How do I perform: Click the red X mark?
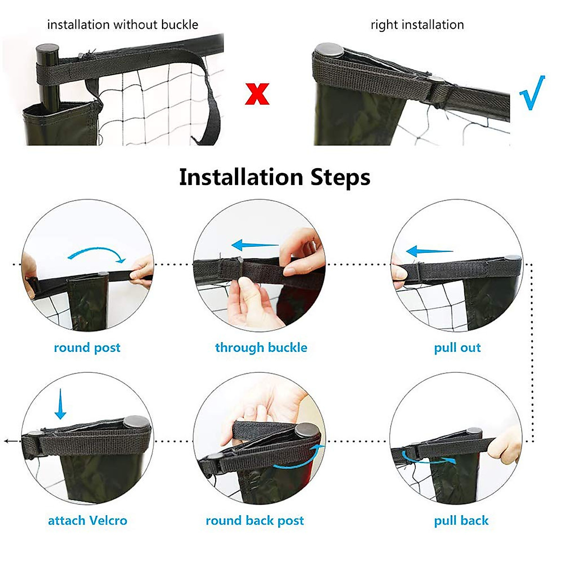tap(257, 94)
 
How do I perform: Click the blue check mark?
tap(533, 93)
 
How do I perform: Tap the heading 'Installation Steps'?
tap(274, 178)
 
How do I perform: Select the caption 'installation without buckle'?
tap(122, 24)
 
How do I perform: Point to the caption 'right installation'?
tap(417, 24)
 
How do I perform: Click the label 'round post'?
tap(87, 347)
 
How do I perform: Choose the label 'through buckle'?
tap(261, 347)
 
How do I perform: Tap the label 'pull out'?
tap(457, 347)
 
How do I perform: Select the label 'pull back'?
tap(461, 520)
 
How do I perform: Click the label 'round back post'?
tap(255, 520)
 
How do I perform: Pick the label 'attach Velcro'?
tap(88, 520)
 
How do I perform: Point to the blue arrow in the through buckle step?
tap(255, 245)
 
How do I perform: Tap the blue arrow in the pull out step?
tap(429, 251)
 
